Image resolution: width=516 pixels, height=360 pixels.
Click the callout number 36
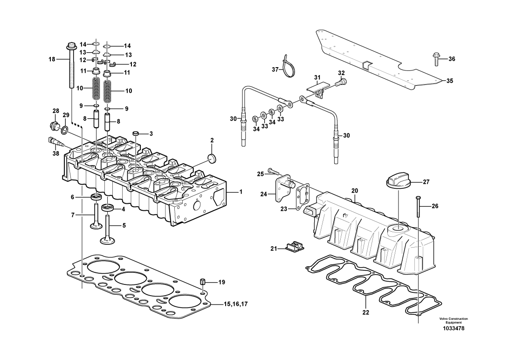click(452, 59)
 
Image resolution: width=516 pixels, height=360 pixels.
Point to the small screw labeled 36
click(436, 59)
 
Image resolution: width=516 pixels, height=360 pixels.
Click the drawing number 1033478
click(454, 328)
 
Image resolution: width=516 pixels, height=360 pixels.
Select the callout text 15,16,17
click(235, 304)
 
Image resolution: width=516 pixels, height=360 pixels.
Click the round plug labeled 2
click(212, 158)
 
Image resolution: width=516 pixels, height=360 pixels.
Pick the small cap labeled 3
click(135, 133)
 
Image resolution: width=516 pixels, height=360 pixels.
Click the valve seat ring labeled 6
click(96, 197)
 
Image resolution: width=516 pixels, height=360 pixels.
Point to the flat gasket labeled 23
click(303, 197)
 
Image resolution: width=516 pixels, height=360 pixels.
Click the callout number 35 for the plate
click(449, 81)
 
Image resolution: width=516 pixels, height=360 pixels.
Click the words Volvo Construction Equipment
click(453, 321)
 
